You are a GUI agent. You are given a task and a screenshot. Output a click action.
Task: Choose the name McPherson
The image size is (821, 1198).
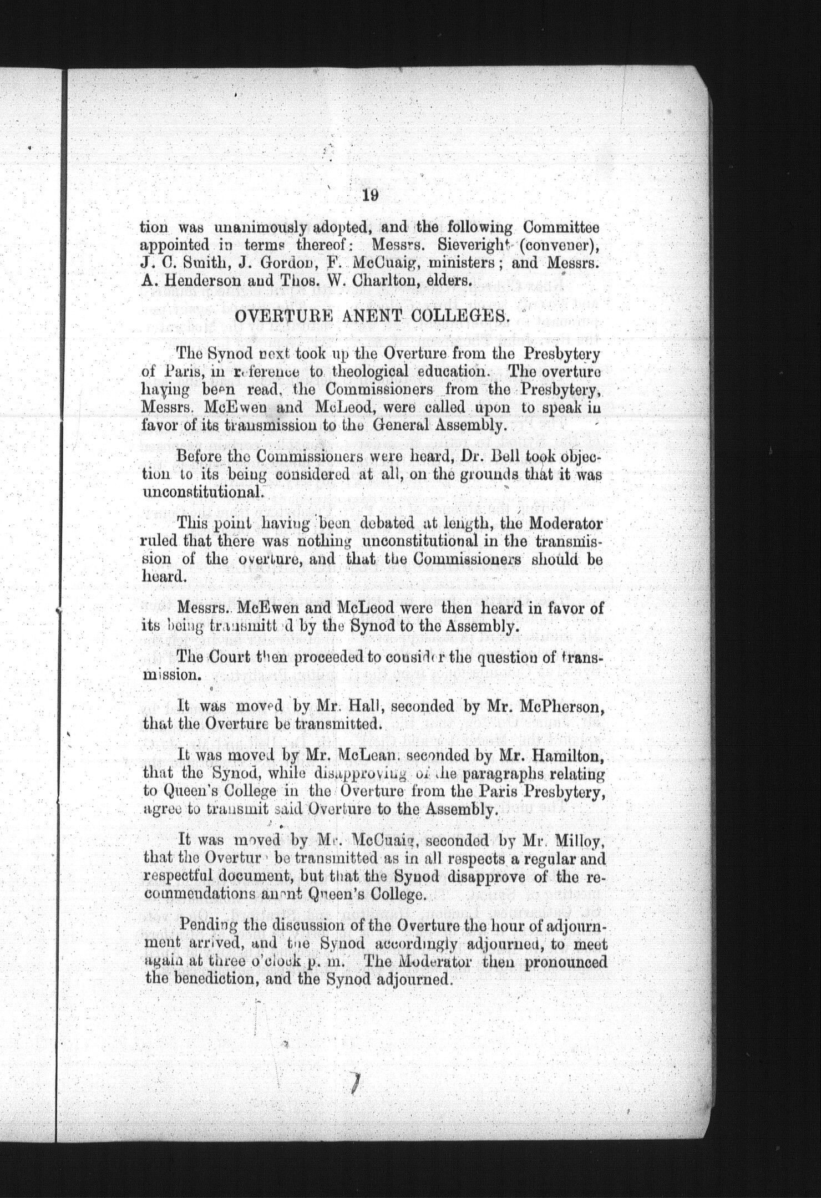click(x=566, y=707)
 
